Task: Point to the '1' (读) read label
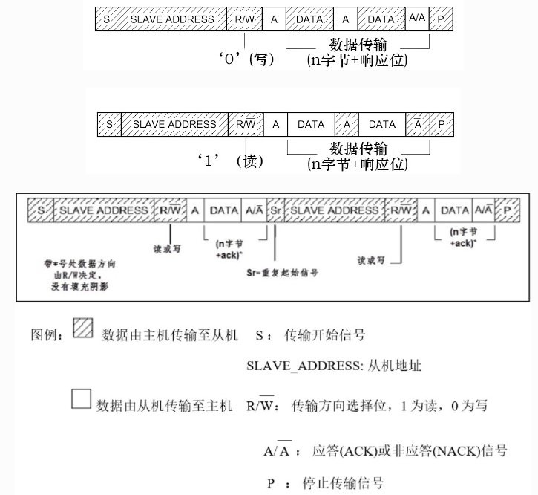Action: pyautogui.click(x=232, y=161)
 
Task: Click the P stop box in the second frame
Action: pyautogui.click(x=442, y=124)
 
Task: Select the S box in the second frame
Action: pyautogui.click(x=109, y=124)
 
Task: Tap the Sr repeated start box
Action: pyautogui.click(x=275, y=210)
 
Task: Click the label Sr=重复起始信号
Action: pyautogui.click(x=282, y=273)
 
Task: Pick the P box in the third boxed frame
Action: pyautogui.click(x=508, y=210)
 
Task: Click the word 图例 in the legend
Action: pyautogui.click(x=46, y=335)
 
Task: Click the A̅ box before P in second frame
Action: pyautogui.click(x=418, y=124)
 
